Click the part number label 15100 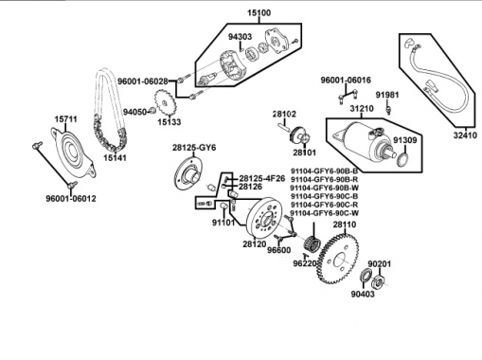tap(259, 13)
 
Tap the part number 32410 tap(465, 135)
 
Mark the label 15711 tap(65, 119)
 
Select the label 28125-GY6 tap(194, 149)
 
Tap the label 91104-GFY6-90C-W tap(324, 214)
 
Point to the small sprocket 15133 tap(164, 103)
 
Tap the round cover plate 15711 tap(72, 152)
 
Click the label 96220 tap(302, 265)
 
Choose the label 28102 tap(284, 114)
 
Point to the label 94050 tap(135, 112)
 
